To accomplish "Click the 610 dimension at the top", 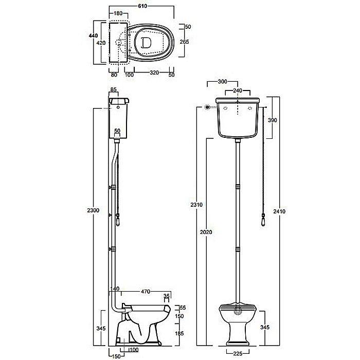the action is [142, 6].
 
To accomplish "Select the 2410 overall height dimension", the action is [279, 211].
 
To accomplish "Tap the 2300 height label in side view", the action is [93, 210].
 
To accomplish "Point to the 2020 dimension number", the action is [206, 232].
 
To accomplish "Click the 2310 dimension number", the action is [196, 205].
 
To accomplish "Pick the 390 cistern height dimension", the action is [273, 120].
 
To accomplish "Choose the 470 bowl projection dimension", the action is [146, 292].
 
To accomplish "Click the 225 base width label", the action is [238, 354].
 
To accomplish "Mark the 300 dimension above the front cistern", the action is [222, 81].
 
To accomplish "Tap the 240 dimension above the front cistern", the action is [238, 91].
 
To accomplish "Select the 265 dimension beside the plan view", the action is [184, 42].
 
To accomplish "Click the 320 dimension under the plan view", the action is [154, 73].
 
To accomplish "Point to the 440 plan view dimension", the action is [94, 35].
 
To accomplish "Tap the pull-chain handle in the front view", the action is [263, 220].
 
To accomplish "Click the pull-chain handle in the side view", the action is [118, 220].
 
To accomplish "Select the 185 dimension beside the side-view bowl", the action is [179, 333].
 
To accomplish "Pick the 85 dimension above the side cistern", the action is [114, 89].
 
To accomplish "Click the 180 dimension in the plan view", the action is [118, 13].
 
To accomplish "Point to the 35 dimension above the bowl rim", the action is [167, 296].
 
